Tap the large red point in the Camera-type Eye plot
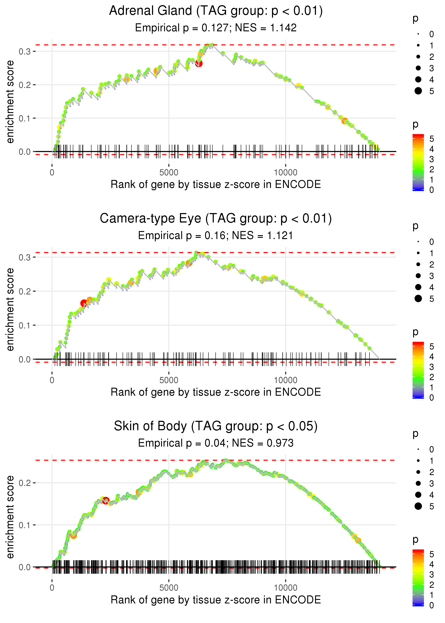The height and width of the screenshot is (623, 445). click(x=84, y=303)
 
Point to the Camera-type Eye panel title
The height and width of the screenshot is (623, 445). click(x=216, y=219)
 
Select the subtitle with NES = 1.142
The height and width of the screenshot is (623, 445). click(x=216, y=28)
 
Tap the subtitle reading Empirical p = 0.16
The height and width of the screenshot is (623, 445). click(x=216, y=235)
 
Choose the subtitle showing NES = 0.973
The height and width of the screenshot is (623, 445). click(x=216, y=443)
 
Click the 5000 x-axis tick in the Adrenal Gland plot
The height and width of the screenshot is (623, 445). click(x=169, y=173)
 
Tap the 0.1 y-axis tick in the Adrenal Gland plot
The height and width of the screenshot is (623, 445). click(x=24, y=119)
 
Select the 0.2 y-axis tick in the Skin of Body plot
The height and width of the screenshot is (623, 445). click(x=24, y=483)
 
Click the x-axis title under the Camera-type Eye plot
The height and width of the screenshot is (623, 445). click(x=216, y=392)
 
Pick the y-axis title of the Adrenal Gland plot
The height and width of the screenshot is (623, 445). click(x=10, y=102)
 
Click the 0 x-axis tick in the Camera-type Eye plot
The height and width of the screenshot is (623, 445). click(x=52, y=380)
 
